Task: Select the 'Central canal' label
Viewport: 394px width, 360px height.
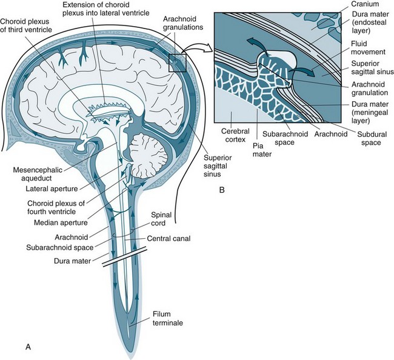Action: [173, 239]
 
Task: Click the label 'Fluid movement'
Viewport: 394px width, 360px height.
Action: [366, 48]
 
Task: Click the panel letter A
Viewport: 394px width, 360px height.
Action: [27, 347]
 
